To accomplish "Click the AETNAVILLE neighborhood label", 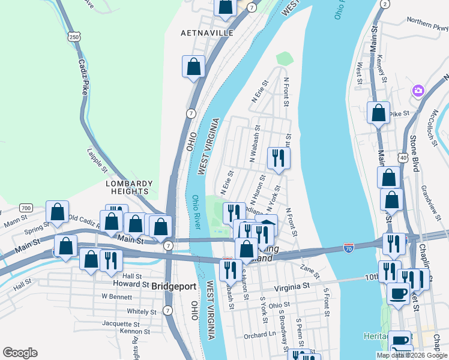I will click(x=207, y=33).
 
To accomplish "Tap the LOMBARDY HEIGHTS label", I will click(x=130, y=187).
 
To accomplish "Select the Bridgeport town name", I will click(x=175, y=286).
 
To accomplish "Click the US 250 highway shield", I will click(x=74, y=37).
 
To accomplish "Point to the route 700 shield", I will click(x=25, y=208).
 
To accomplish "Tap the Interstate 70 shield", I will click(x=349, y=247).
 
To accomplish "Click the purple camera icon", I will click(x=418, y=91).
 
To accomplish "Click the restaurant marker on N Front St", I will click(x=278, y=157).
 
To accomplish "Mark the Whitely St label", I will click(x=141, y=311).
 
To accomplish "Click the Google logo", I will click(x=20, y=353).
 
